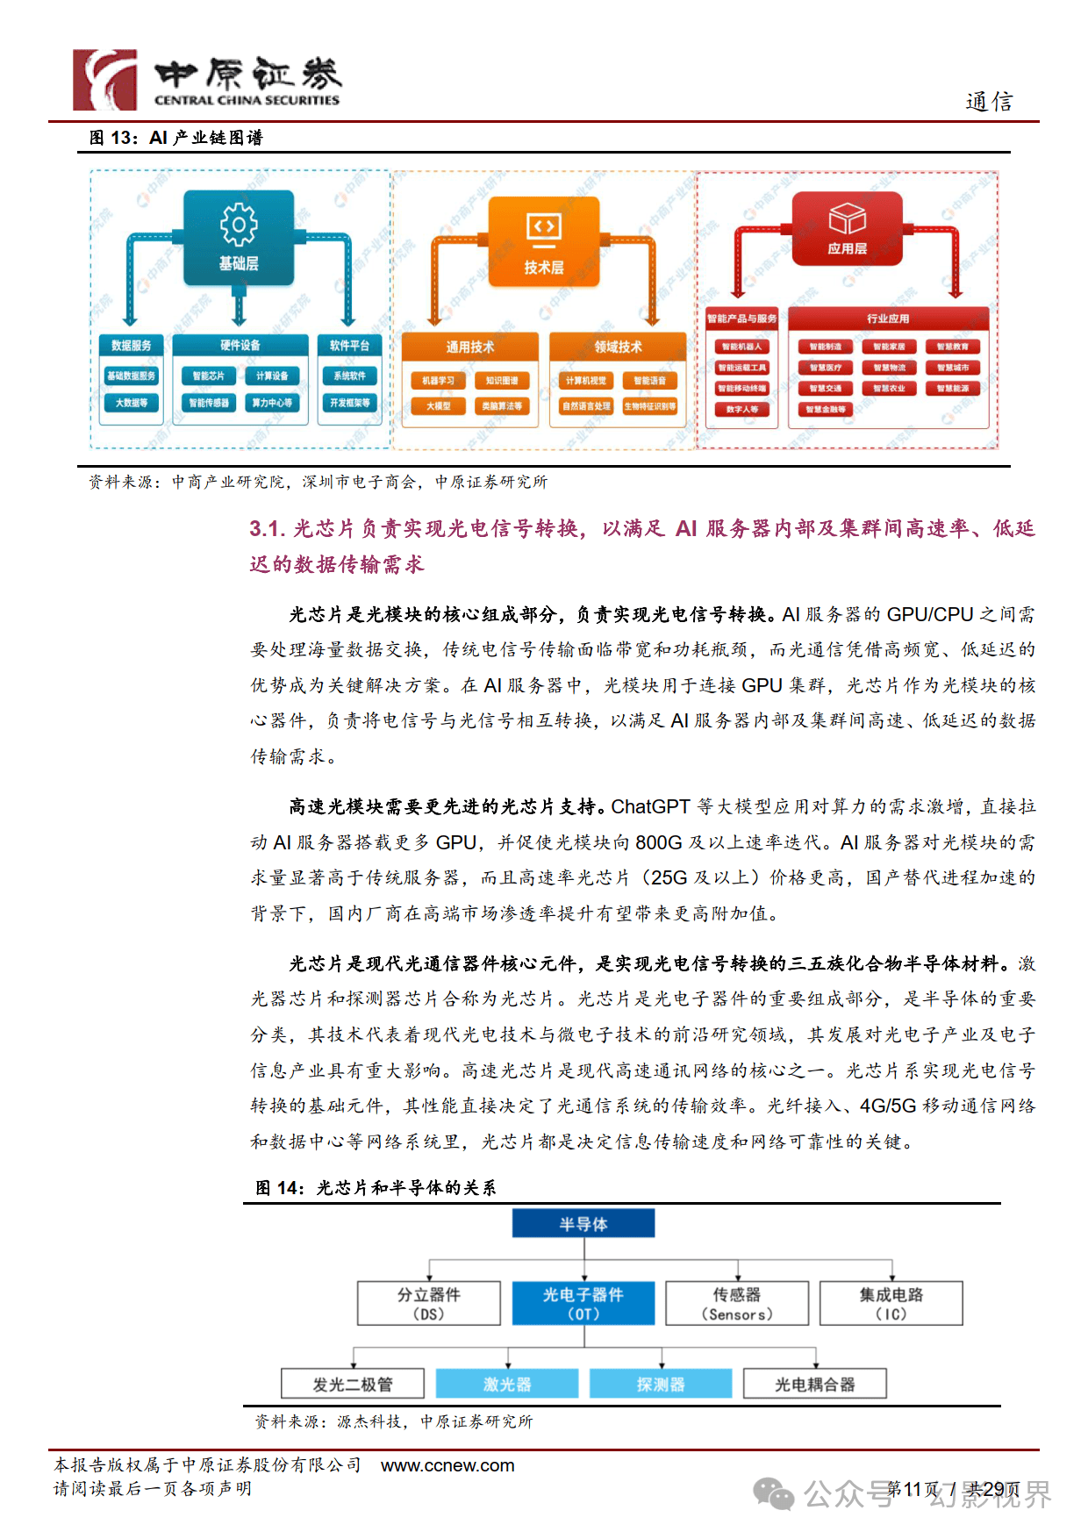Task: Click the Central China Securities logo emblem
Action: coord(104,80)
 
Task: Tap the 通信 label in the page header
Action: coord(989,102)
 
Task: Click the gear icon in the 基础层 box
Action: coord(239,225)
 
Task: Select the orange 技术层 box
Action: coord(544,241)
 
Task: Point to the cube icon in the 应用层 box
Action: coord(847,218)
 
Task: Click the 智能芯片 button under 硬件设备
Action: coord(209,376)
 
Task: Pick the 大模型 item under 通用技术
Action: coord(439,406)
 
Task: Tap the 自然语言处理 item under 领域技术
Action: coord(586,406)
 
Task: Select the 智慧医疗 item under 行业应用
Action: coord(826,368)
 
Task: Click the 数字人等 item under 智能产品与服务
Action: coord(742,409)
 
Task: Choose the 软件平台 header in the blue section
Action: coord(349,346)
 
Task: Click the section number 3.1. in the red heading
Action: coord(267,528)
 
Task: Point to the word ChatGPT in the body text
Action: coord(650,806)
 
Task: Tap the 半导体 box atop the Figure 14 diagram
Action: coord(583,1224)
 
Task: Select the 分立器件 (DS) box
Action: coord(428,1303)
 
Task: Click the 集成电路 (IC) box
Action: coord(891,1303)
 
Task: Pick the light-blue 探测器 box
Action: coord(660,1384)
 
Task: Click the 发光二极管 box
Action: coord(353,1384)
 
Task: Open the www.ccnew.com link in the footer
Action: coord(447,1465)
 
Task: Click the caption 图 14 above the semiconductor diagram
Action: coord(278,1188)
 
